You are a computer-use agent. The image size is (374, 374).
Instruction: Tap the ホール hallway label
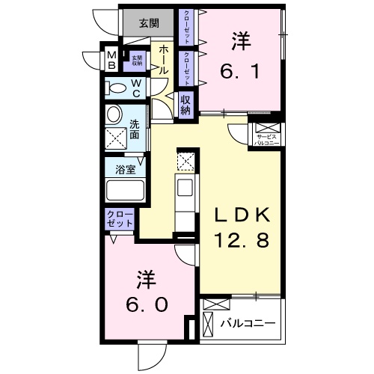click(x=160, y=59)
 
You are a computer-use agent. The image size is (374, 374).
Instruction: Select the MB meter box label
click(x=111, y=59)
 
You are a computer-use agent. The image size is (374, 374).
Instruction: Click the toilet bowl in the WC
click(x=117, y=88)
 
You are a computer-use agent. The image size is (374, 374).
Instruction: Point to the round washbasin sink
click(x=114, y=114)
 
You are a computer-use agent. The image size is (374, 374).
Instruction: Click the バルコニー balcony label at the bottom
click(x=248, y=324)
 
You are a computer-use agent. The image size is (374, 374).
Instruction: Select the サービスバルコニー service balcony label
click(x=266, y=139)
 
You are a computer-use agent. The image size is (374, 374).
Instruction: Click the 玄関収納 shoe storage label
click(x=137, y=59)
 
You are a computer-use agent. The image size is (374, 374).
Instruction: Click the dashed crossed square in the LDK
click(x=186, y=160)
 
